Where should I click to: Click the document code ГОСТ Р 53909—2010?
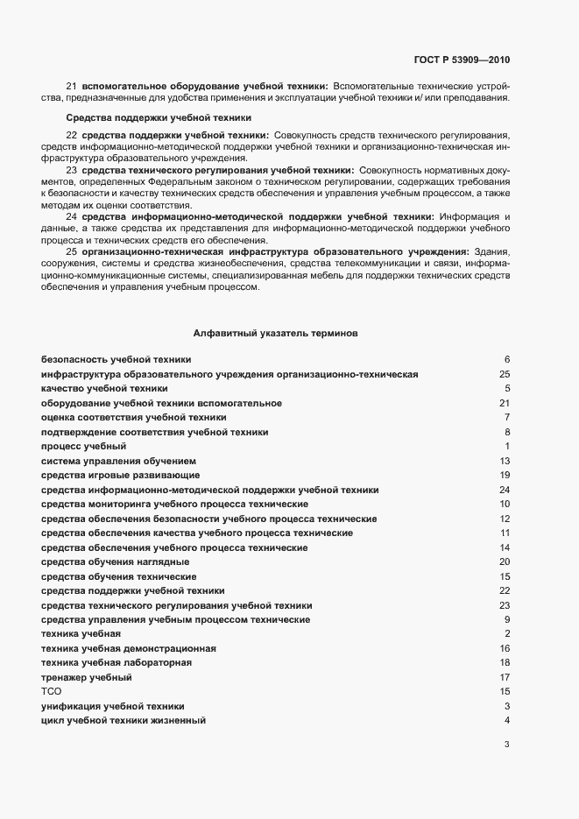click(461, 60)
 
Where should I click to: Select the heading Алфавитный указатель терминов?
click(274, 333)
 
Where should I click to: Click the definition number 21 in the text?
click(72, 86)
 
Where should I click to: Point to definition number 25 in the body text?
click(72, 252)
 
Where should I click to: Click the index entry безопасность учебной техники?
click(117, 360)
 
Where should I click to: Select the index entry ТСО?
click(53, 691)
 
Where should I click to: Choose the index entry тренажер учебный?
click(87, 677)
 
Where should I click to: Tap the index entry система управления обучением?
click(119, 461)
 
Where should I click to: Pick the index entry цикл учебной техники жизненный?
click(124, 720)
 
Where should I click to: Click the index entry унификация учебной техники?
click(113, 706)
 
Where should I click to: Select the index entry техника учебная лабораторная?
click(117, 663)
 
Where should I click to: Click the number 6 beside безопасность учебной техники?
click(506, 360)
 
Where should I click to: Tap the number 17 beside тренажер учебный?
click(505, 677)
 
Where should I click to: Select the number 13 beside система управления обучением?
click(505, 461)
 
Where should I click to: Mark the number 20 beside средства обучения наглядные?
click(505, 561)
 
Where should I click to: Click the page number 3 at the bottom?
click(506, 745)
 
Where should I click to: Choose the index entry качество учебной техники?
click(104, 388)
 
